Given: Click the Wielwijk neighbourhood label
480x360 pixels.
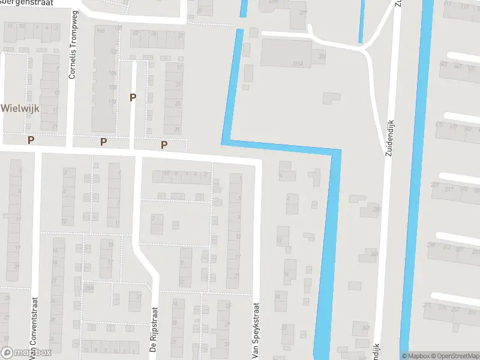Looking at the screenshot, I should [20, 108].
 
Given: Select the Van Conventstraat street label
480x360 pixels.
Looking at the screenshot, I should [34, 327].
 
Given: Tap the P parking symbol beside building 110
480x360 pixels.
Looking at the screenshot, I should [133, 97].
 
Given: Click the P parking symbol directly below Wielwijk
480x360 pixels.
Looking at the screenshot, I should [31, 140].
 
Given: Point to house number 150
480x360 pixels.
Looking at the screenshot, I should [100, 31].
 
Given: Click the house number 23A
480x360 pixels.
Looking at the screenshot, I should [89, 289].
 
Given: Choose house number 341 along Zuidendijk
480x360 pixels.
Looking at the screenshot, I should [374, 254].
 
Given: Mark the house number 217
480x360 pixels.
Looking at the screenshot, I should [449, 189].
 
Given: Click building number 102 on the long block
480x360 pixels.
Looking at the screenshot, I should [113, 52].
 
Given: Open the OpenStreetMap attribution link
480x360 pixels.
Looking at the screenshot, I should [455, 356].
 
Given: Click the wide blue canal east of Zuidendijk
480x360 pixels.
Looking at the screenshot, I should [415, 180].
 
